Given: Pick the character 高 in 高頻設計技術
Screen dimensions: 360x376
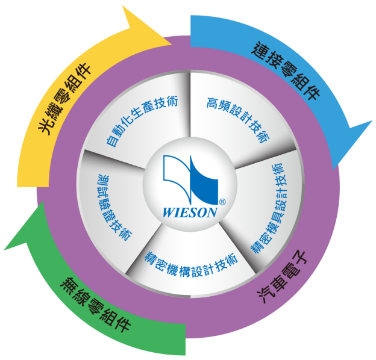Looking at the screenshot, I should pyautogui.click(x=210, y=101).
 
